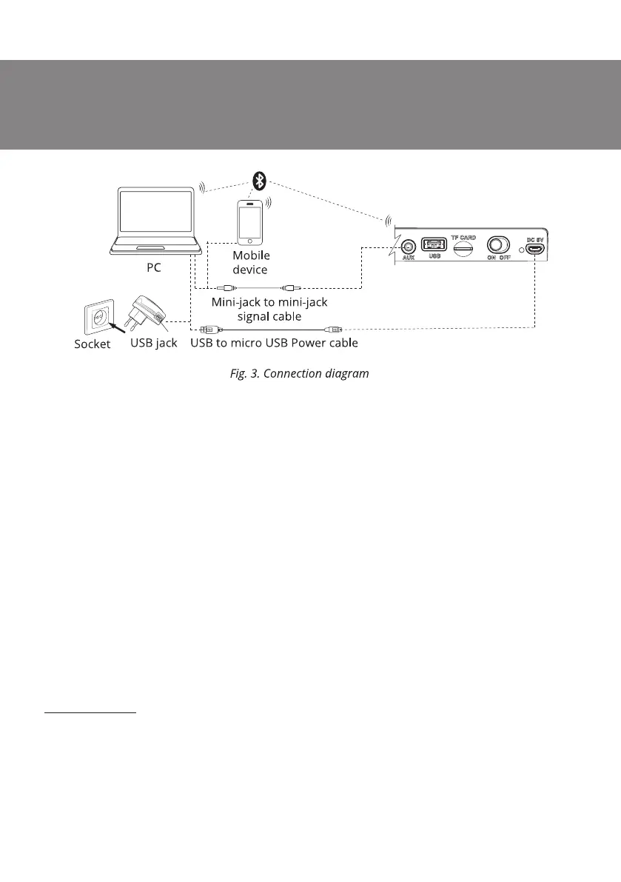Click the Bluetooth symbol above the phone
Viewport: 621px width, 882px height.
point(259,180)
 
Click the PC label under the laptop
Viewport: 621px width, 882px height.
point(153,267)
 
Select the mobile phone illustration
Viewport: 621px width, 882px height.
point(250,221)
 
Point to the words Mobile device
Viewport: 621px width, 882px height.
point(251,262)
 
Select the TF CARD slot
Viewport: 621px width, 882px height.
point(463,248)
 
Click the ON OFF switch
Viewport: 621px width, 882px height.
point(497,245)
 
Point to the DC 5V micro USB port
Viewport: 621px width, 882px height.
point(536,250)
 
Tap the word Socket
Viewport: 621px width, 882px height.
point(93,344)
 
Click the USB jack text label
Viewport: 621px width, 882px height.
point(154,344)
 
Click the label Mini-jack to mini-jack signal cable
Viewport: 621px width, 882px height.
point(269,309)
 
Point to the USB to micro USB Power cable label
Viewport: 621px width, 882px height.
point(275,344)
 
